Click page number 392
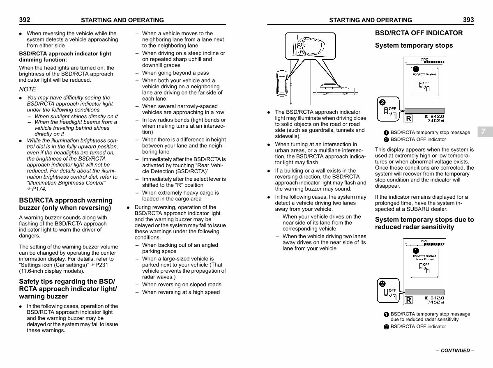[24, 19]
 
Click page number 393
[468, 19]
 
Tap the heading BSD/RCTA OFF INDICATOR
[419, 33]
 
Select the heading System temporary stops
[414, 46]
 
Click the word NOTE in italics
[28, 89]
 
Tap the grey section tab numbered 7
[484, 131]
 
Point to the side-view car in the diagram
[335, 89]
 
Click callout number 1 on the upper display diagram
[416, 69]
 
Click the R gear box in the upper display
[408, 119]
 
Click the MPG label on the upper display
[424, 60]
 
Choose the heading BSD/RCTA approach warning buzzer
[66, 204]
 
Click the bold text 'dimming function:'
[43, 60]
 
